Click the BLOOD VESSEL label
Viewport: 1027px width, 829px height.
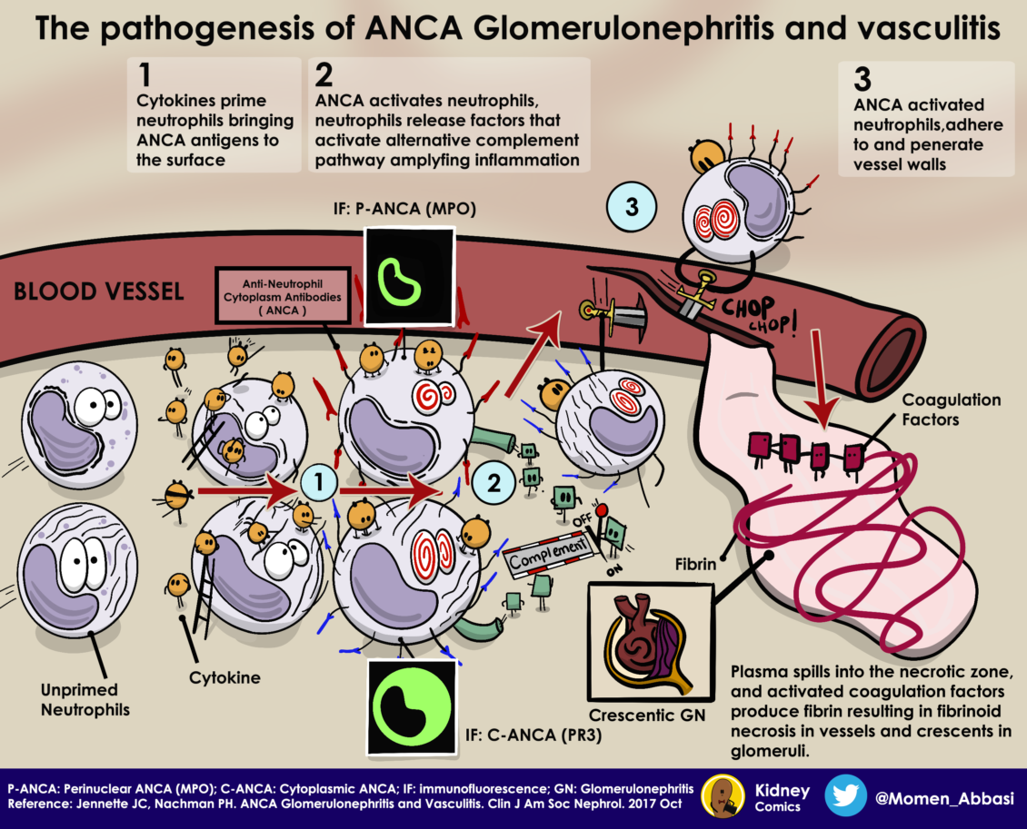[99, 292]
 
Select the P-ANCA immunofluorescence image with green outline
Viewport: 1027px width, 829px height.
[408, 275]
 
